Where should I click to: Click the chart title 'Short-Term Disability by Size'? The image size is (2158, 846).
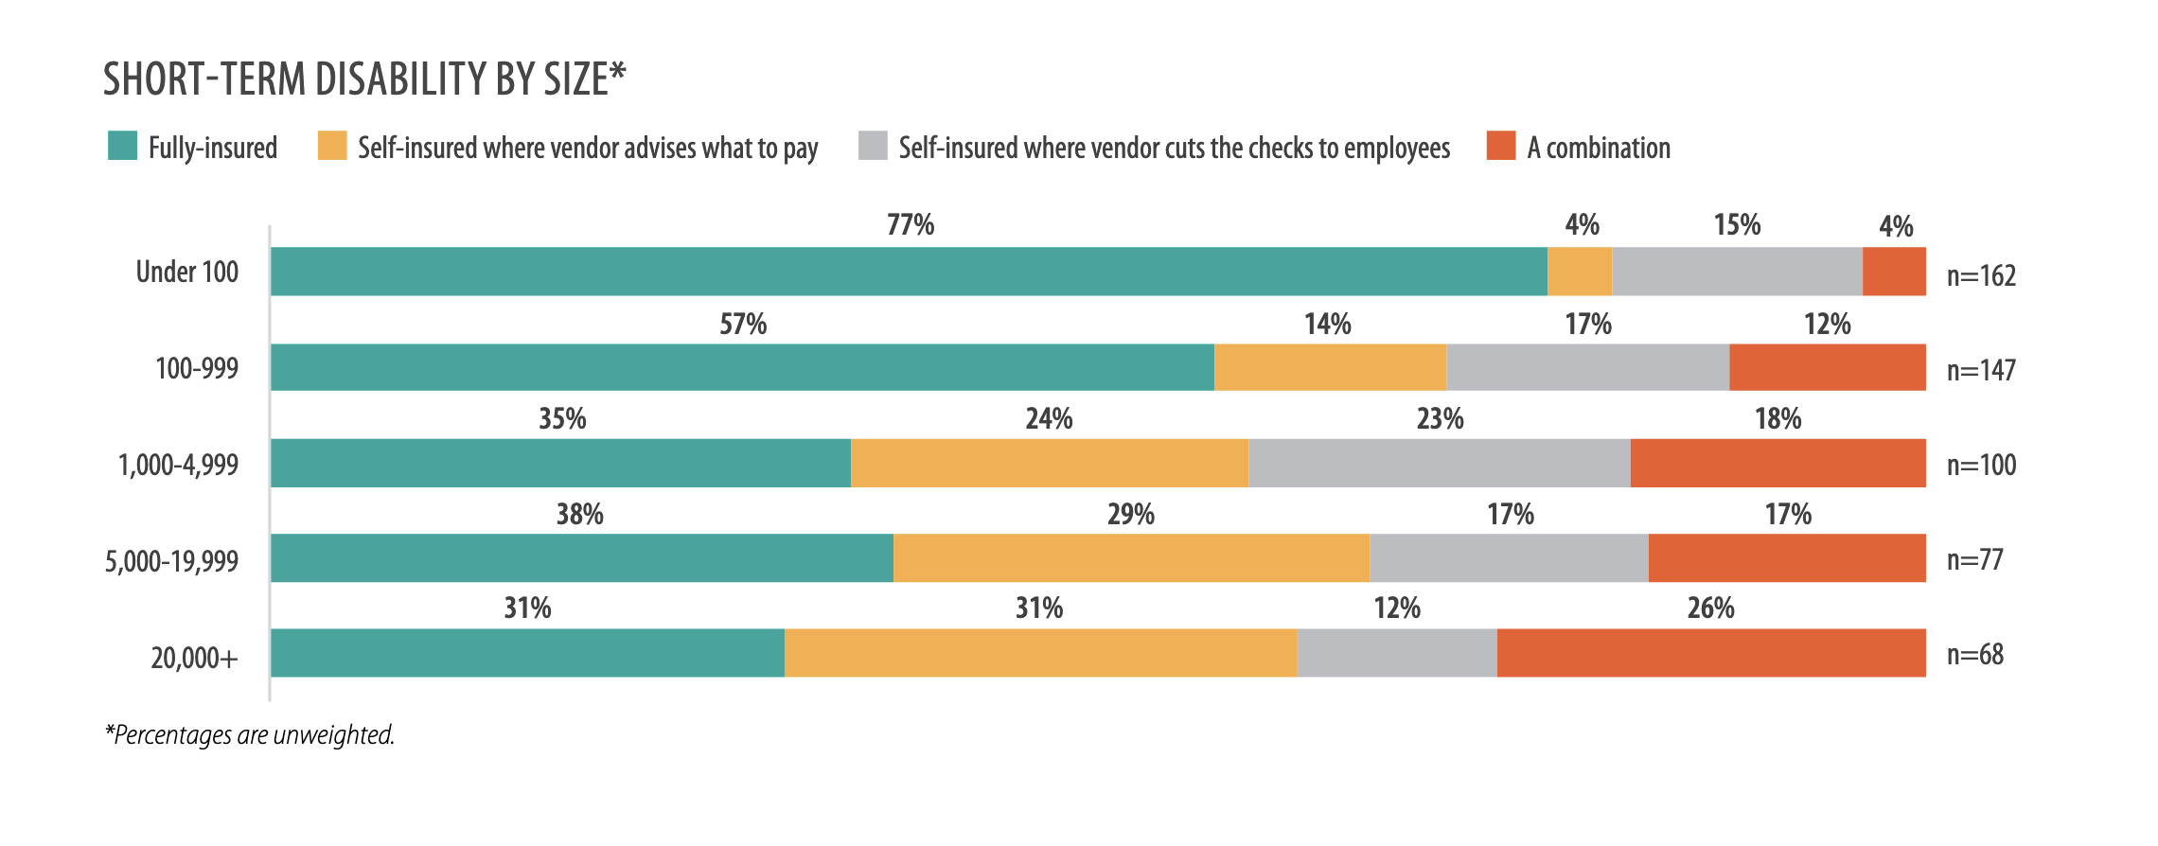point(364,79)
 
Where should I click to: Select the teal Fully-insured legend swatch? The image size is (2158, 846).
point(123,146)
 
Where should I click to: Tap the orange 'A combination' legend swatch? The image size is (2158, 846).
point(1501,146)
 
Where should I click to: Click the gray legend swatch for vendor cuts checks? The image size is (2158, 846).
point(873,146)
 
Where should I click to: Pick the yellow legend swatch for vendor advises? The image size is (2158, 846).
point(332,146)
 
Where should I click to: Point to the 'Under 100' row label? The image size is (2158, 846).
point(186,273)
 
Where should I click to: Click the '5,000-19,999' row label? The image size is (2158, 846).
point(171,561)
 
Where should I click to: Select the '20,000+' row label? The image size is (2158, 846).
point(194,657)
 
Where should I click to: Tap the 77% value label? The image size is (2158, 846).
point(910,225)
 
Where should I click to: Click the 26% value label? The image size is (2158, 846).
point(1710,608)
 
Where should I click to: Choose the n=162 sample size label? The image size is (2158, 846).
point(1981,275)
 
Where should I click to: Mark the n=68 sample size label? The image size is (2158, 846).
point(1975,654)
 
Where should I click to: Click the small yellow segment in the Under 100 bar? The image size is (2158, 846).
point(1580,272)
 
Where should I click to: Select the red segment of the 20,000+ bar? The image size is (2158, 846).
point(1711,653)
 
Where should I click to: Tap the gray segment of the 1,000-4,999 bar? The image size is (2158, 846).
point(1439,463)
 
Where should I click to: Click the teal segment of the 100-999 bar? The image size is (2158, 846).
point(742,367)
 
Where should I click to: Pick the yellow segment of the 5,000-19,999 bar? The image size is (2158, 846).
point(1131,557)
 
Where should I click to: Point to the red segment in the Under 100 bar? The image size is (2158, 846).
point(1894,272)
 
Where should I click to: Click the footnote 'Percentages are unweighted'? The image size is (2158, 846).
point(250,735)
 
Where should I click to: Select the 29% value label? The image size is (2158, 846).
point(1131,515)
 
